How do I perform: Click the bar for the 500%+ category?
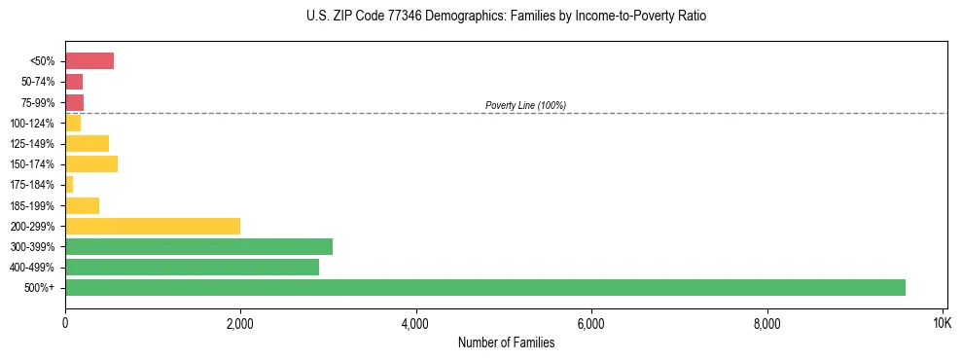click(x=484, y=287)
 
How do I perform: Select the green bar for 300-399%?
click(x=198, y=246)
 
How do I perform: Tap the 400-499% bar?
click(x=192, y=267)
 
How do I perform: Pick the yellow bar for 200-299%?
click(x=153, y=226)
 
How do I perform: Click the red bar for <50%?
click(x=89, y=61)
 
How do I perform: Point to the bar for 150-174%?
click(x=91, y=163)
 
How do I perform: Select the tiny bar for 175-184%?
click(x=69, y=184)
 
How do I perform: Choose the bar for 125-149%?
click(x=88, y=143)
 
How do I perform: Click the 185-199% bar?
click(x=83, y=205)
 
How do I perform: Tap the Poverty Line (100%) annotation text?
click(x=525, y=105)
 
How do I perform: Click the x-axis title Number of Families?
click(x=506, y=342)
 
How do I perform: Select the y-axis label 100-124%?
click(x=32, y=124)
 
